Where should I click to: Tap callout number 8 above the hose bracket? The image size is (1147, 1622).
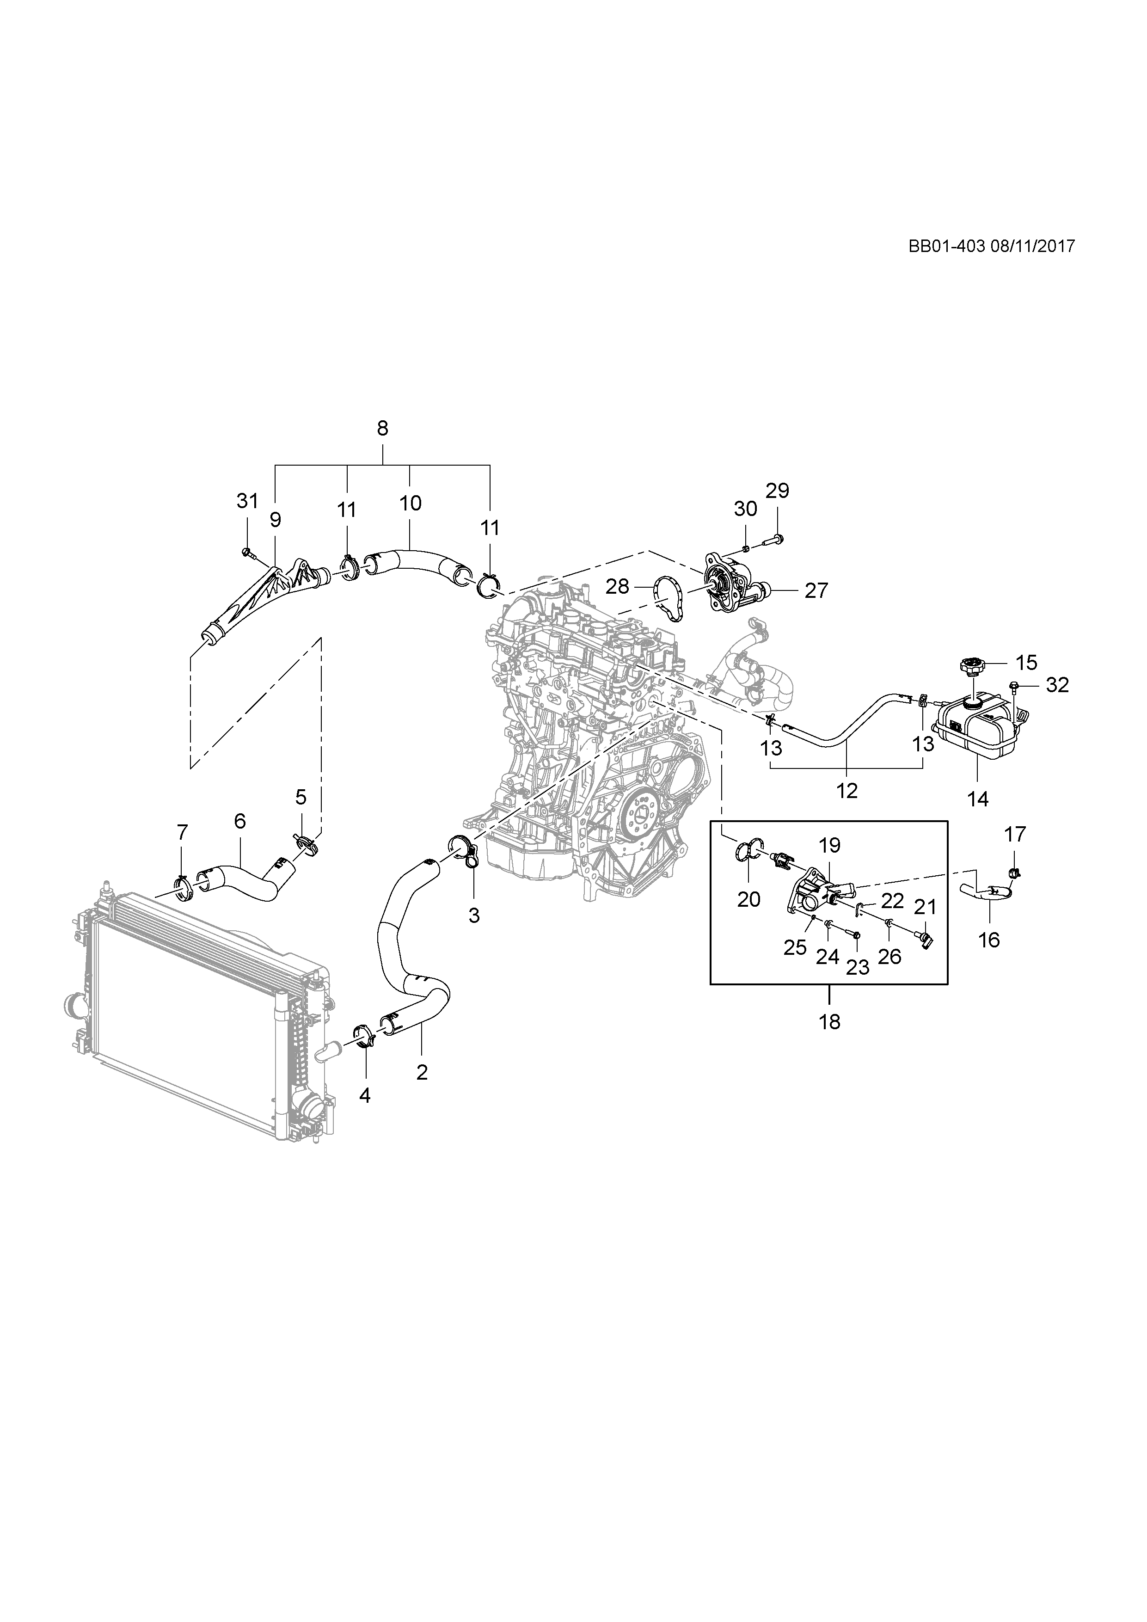coord(382,428)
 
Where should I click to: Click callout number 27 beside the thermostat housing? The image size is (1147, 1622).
coord(816,590)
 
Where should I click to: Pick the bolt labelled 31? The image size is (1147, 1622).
coord(246,551)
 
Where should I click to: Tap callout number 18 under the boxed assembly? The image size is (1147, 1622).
coord(830,1021)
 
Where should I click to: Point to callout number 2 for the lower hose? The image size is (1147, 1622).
coord(423,1072)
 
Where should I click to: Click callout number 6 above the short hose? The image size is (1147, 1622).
coord(239,820)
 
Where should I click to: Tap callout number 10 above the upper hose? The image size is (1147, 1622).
coord(411,503)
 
